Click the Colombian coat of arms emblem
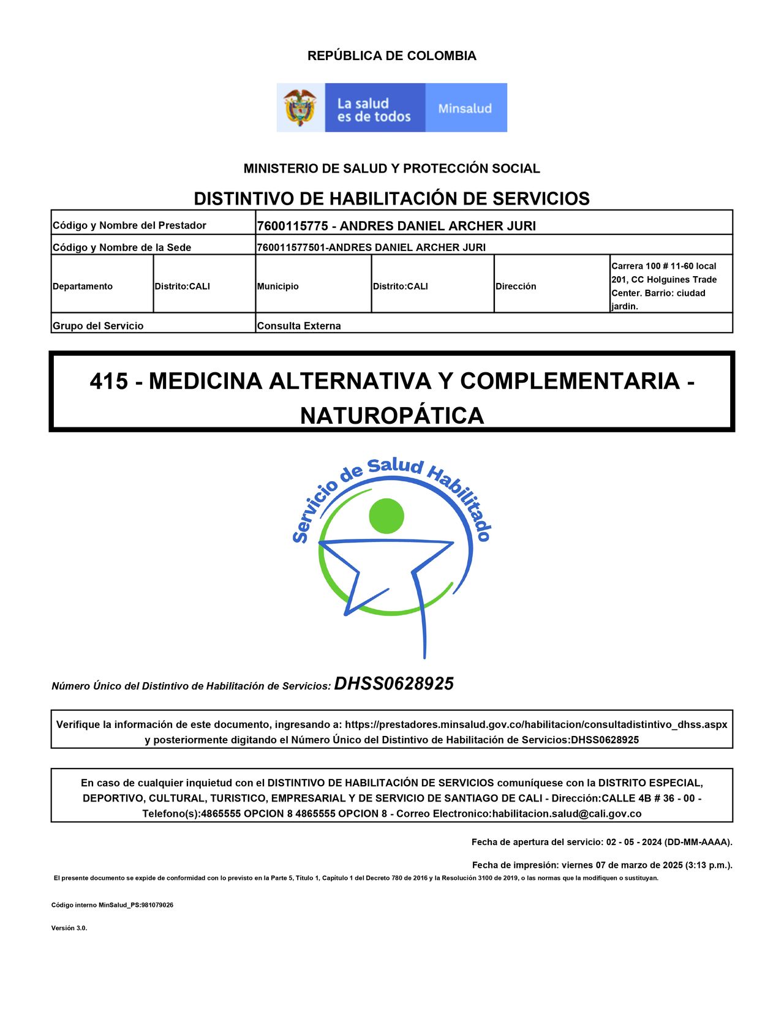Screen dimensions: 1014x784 (x=300, y=108)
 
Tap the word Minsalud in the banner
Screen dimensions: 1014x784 (x=465, y=108)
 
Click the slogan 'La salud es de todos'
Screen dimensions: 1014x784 (x=374, y=110)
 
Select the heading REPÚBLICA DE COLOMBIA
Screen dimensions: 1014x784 (x=391, y=56)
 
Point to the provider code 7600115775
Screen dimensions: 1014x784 (x=292, y=226)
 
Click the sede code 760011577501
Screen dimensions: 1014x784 (x=292, y=247)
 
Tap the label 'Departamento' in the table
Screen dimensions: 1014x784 (x=83, y=286)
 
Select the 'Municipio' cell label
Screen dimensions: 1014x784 (x=278, y=286)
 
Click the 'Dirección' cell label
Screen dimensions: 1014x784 (x=516, y=286)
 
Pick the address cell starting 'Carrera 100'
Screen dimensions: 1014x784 (x=664, y=285)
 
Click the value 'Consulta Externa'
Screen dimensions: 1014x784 (x=299, y=326)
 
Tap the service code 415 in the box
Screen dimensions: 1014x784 (x=109, y=381)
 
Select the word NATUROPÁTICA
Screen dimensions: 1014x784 (x=392, y=416)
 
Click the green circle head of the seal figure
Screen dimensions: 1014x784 (x=386, y=516)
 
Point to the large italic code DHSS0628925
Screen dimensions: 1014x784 (x=394, y=684)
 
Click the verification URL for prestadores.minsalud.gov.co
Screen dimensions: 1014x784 (x=536, y=724)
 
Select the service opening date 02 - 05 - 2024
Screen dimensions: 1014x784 (x=635, y=842)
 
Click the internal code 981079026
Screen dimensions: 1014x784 (x=157, y=905)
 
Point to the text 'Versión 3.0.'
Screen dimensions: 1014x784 (x=69, y=928)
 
